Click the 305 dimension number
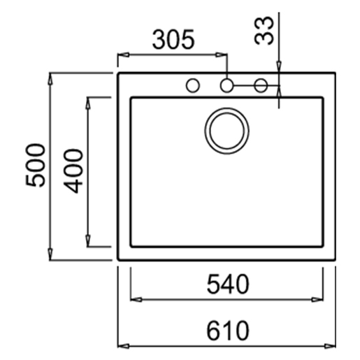[173, 39]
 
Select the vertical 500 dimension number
[34, 165]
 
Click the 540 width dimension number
[228, 285]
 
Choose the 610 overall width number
[228, 331]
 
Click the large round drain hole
[226, 129]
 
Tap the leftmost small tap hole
[192, 86]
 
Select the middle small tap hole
[226, 86]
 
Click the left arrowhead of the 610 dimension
[122, 345]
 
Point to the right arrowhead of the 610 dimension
[334, 345]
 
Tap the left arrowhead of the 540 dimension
[136, 299]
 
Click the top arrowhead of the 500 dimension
[50, 77]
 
